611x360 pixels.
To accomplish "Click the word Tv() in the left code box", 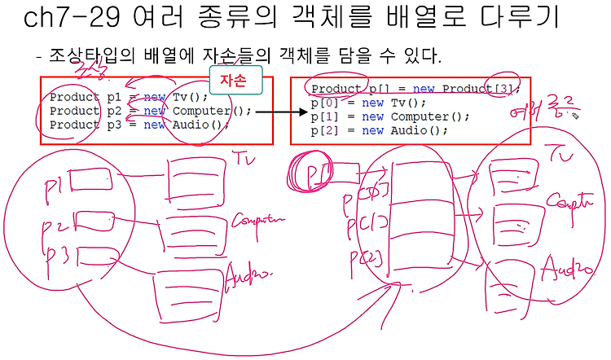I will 186,96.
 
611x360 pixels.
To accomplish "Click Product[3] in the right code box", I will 481,88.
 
